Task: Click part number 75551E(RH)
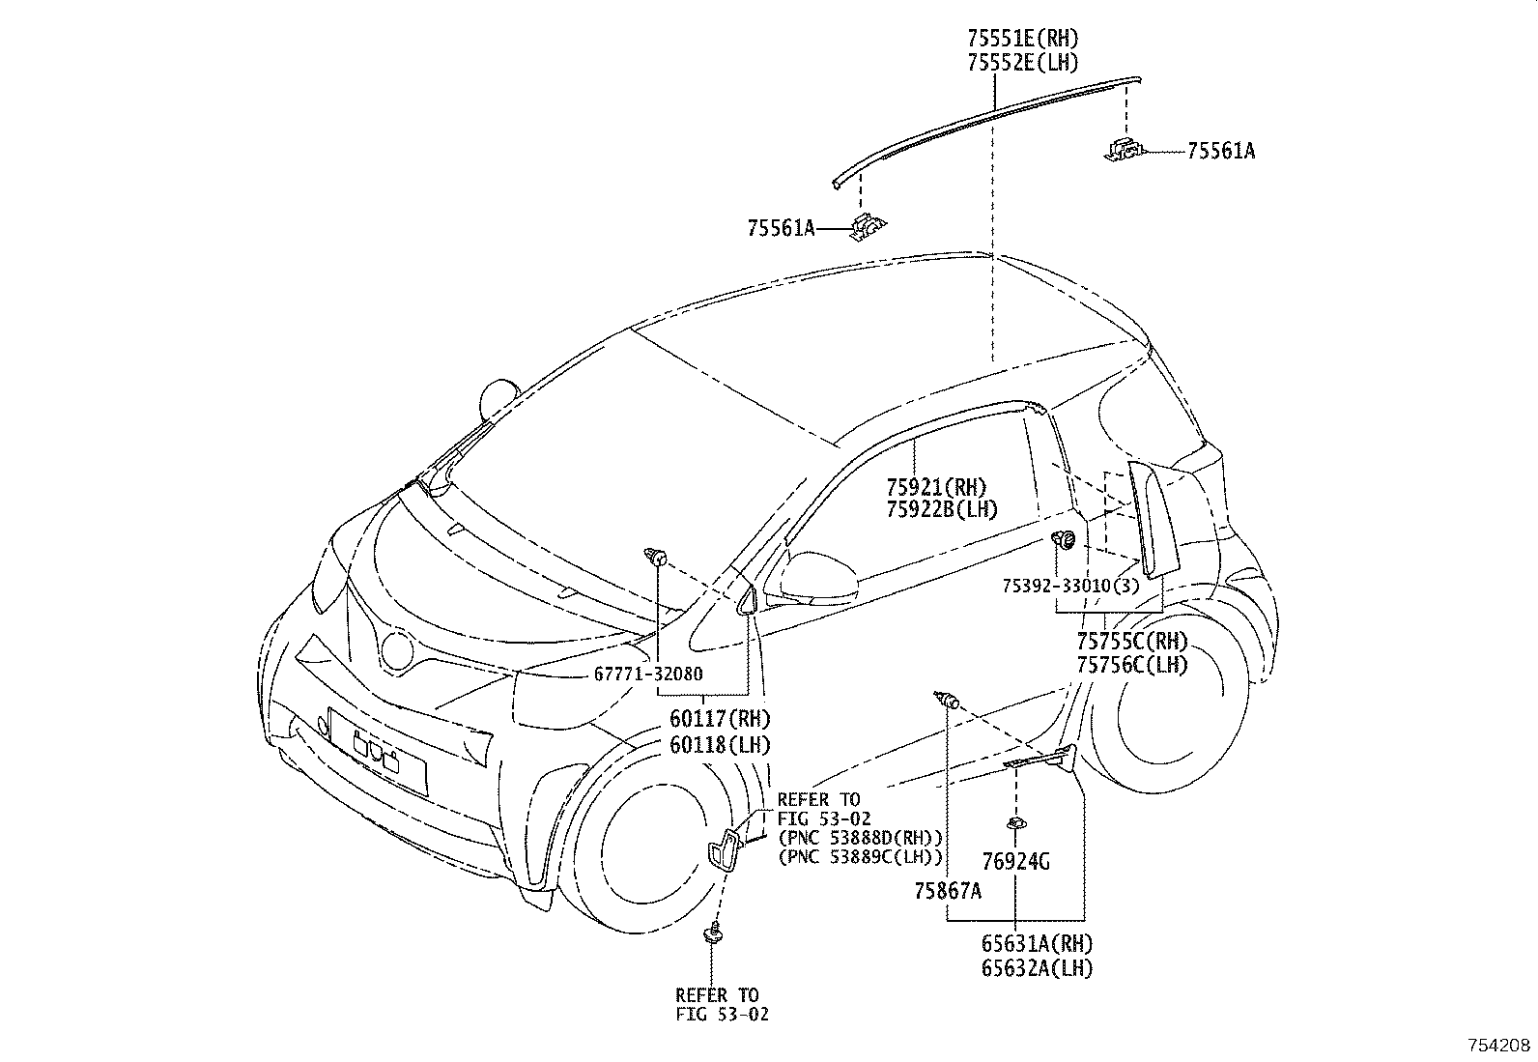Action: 1022,39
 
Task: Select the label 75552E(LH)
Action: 1022,63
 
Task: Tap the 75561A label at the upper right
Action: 1220,151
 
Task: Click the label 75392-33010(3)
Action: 1070,587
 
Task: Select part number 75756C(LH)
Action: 1132,665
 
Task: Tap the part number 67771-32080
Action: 648,675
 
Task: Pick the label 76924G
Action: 1015,861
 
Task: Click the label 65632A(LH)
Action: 1037,968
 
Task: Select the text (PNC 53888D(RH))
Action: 860,837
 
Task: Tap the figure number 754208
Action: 1500,1046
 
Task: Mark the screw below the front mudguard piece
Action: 713,933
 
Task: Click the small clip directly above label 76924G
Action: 1017,823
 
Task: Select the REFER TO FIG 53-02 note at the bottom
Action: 723,1004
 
